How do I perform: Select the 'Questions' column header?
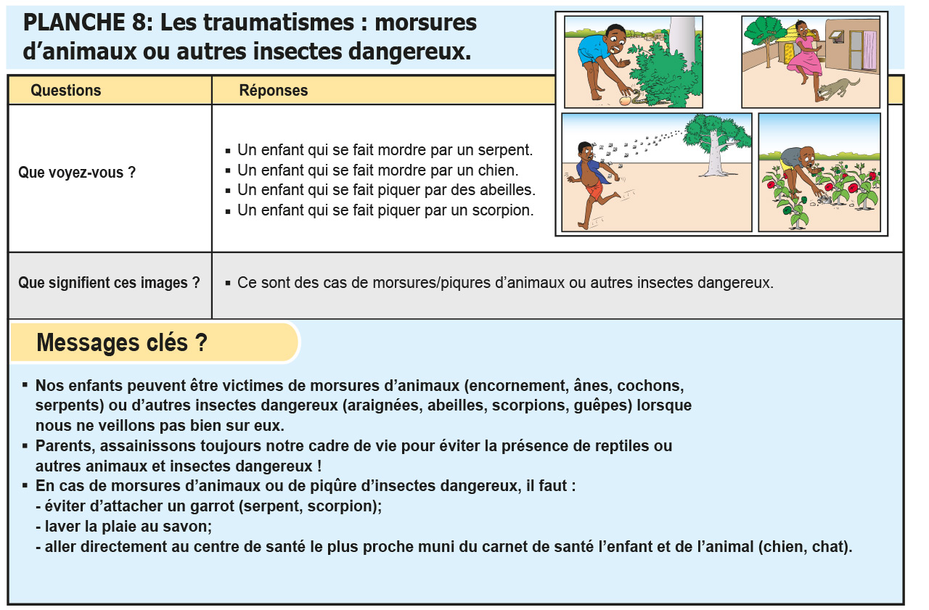(65, 91)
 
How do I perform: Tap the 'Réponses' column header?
(274, 91)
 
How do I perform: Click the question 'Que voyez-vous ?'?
(77, 173)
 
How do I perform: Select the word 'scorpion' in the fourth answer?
(505, 210)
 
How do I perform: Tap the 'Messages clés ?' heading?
(121, 342)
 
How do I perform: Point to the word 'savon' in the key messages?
(190, 527)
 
